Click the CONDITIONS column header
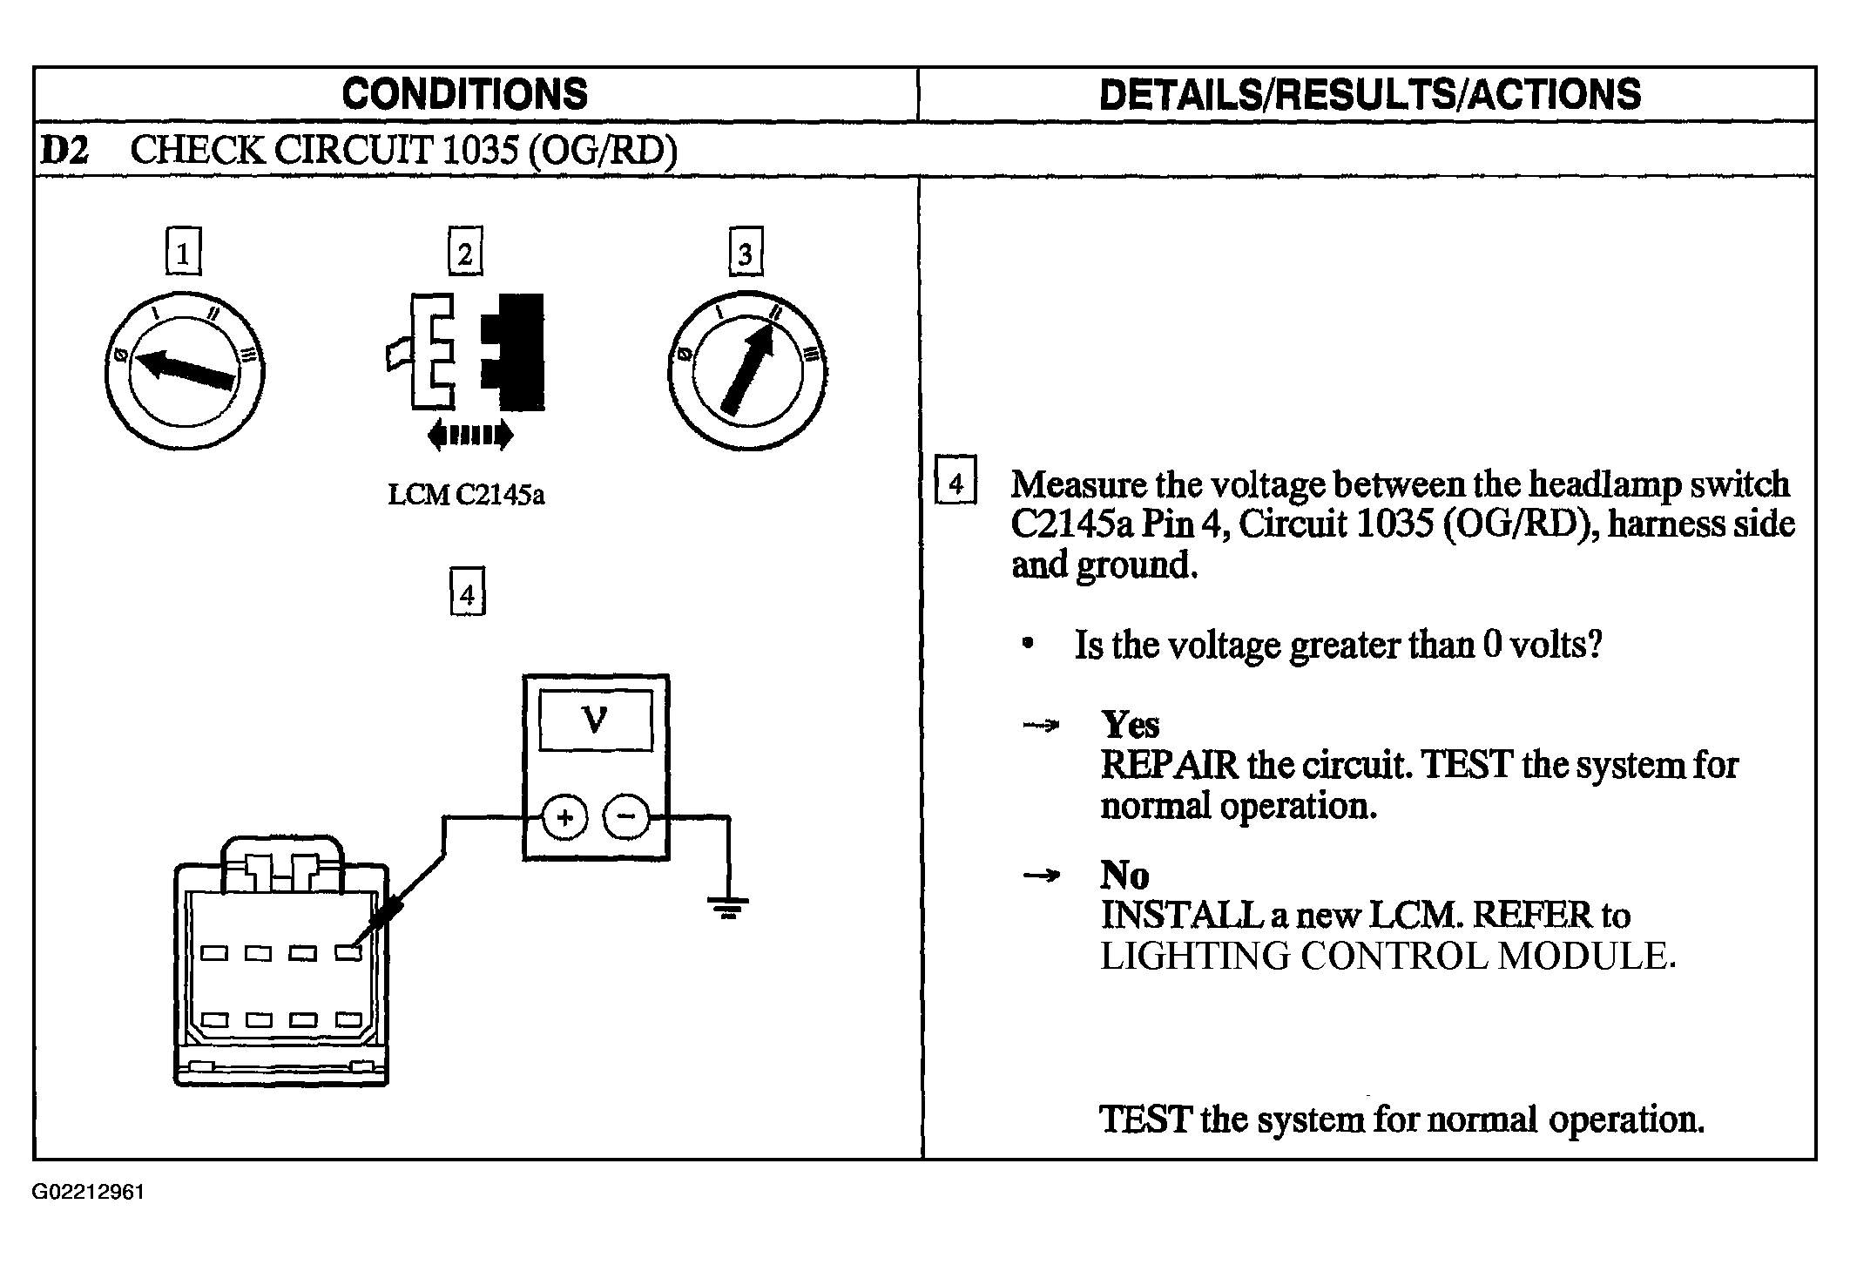(x=465, y=94)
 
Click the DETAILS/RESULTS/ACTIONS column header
(x=1370, y=94)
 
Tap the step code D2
(x=64, y=151)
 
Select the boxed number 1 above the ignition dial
(x=183, y=252)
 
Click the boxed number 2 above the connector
(x=465, y=252)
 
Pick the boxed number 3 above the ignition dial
(x=746, y=252)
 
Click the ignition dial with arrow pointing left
(x=185, y=371)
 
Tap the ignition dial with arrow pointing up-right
(x=747, y=371)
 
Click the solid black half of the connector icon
(x=514, y=352)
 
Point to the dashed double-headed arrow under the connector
(x=470, y=434)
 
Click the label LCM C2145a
(x=466, y=495)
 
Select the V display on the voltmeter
(x=596, y=720)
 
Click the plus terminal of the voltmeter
(x=565, y=818)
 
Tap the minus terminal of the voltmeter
(x=627, y=818)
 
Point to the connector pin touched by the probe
(x=348, y=953)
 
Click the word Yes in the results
(x=1130, y=724)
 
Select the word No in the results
(x=1124, y=875)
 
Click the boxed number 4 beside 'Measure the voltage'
(x=955, y=479)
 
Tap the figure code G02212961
(x=88, y=1192)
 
